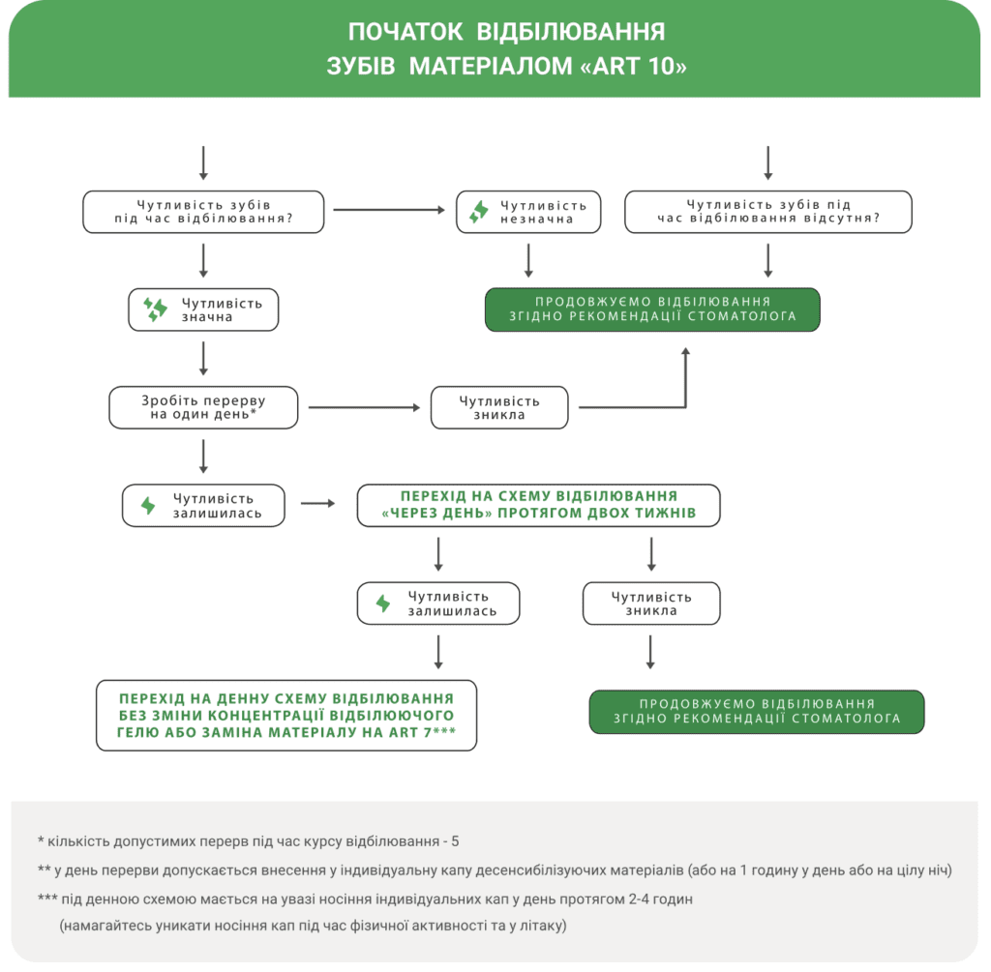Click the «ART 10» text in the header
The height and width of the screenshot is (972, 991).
[x=633, y=66]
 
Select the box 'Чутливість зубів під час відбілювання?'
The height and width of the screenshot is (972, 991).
[x=203, y=212]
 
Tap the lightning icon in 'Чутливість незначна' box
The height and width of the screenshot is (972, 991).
[x=479, y=212]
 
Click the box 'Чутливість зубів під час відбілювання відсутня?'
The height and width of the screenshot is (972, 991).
[x=767, y=212]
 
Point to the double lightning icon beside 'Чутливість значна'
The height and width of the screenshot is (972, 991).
[x=155, y=309]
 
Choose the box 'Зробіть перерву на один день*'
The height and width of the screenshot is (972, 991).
[x=203, y=408]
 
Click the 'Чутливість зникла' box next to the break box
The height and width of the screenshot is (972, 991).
[x=499, y=408]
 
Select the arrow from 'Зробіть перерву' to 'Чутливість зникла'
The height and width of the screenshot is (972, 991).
[x=364, y=408]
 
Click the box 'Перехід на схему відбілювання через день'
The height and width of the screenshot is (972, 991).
[x=538, y=505]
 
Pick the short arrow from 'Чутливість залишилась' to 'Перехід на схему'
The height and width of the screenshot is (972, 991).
[x=317, y=503]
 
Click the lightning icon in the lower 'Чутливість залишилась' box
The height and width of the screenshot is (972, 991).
[x=383, y=604]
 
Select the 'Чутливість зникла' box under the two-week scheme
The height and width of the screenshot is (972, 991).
[x=651, y=604]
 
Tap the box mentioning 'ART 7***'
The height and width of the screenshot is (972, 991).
[x=286, y=716]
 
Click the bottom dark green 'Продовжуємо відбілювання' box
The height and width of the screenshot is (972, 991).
[x=757, y=712]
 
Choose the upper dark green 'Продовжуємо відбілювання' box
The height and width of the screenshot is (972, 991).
[x=652, y=309]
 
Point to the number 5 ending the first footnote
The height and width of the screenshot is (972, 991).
[x=455, y=841]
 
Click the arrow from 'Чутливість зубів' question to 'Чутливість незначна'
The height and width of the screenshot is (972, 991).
[x=389, y=210]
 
